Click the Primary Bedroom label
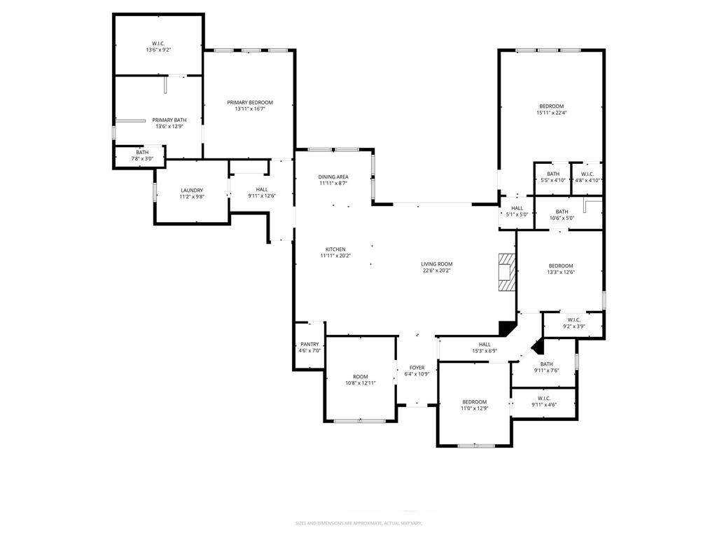pos(250,102)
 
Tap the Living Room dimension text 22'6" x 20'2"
pos(436,270)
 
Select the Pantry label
pos(309,344)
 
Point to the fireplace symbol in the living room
pos(506,271)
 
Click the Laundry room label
pos(191,190)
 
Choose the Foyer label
pos(417,367)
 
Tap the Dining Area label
pos(333,177)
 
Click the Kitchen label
pos(335,249)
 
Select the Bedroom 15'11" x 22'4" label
pos(551,106)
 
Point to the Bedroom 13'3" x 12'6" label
pos(560,265)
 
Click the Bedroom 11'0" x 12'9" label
pos(474,402)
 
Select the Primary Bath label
pos(169,120)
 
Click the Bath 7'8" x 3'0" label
pos(142,153)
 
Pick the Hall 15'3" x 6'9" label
pos(485,344)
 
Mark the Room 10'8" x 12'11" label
pos(361,376)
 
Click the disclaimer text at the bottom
pos(358,523)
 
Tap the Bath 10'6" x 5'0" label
pos(562,212)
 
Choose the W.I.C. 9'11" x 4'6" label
pos(544,398)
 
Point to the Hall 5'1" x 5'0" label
pos(517,208)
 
